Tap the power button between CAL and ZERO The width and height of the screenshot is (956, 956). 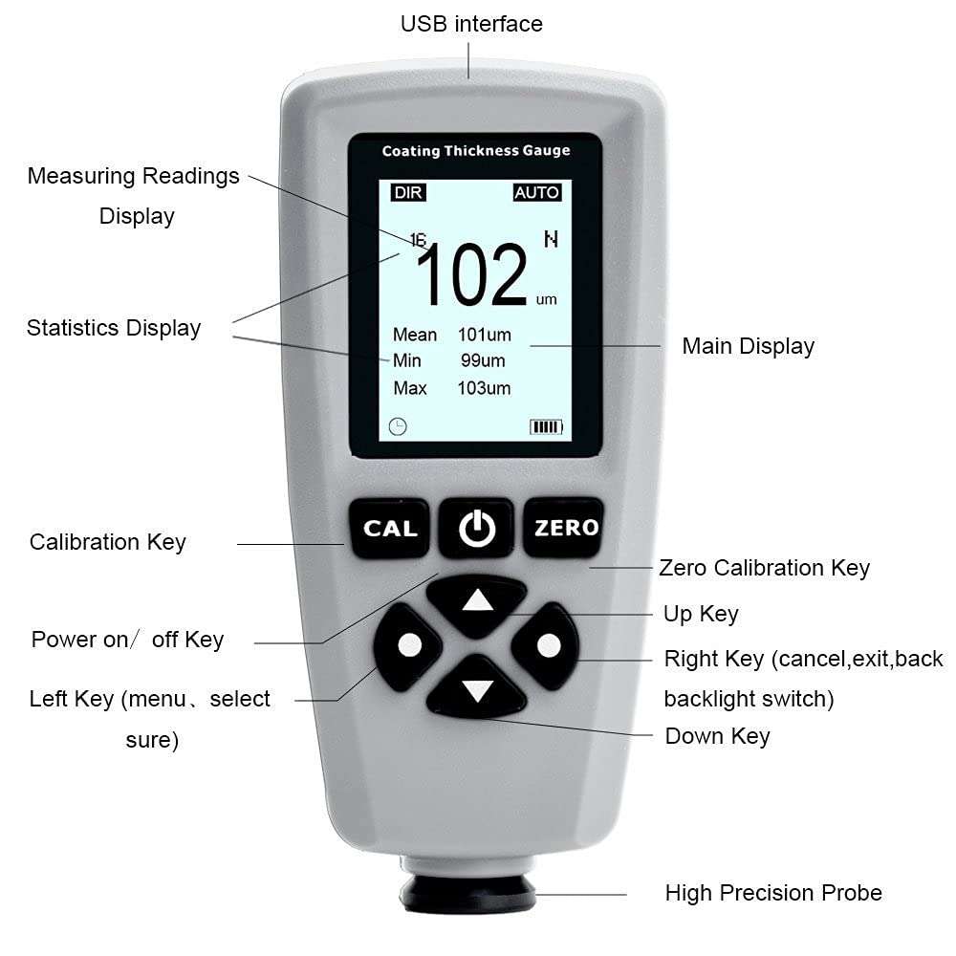coord(477,528)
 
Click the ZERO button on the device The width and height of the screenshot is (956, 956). coord(565,528)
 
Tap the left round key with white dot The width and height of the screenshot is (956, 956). coord(410,645)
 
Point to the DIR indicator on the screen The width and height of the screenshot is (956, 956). coord(407,192)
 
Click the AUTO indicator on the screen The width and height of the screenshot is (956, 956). coord(536,192)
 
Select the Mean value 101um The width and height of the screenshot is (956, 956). coord(484,335)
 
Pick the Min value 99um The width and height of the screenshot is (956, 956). coord(483,360)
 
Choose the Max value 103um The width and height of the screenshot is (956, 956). coord(484,388)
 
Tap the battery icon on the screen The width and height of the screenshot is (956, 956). coord(546,426)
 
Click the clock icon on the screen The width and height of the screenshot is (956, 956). coord(398,426)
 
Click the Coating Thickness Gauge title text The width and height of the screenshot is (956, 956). coord(476,150)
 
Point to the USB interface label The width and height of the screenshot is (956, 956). coord(471,24)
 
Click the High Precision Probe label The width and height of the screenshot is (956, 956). coord(773,893)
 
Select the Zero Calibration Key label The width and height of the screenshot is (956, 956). coord(765,568)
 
